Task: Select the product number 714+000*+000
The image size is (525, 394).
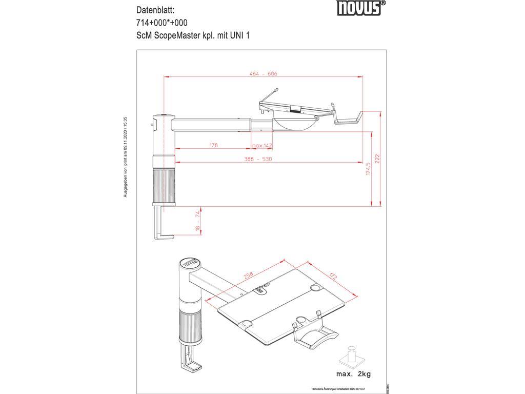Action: tap(161, 23)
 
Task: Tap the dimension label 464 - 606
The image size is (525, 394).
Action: tap(264, 74)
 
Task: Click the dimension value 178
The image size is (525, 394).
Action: tap(213, 145)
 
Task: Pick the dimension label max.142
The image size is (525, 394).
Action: tap(261, 145)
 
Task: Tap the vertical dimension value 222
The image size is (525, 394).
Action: tap(378, 159)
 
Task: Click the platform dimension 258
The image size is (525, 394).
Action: tap(249, 275)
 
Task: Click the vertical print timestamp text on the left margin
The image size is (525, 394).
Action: tap(125, 157)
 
